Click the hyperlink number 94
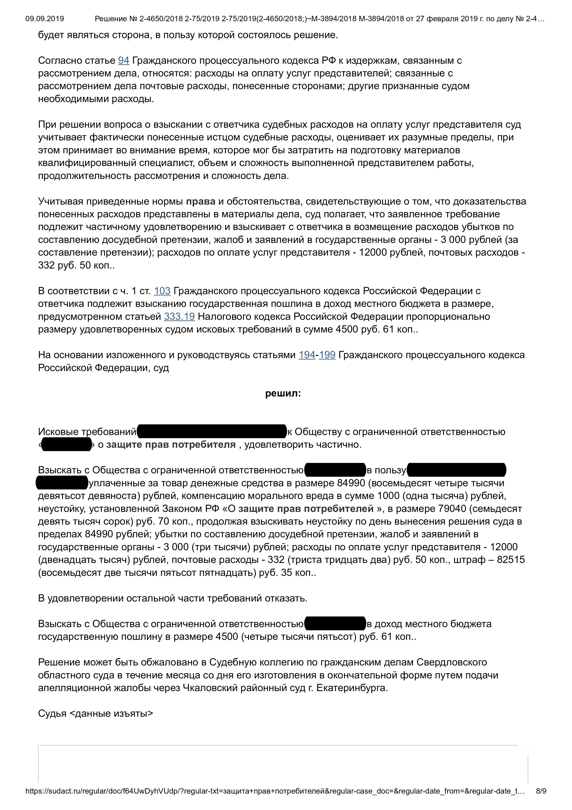coord(123,61)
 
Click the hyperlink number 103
coord(162,291)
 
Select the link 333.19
coord(179,317)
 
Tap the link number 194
coord(307,355)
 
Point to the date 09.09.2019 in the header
coord(45,19)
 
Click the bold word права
coord(201,201)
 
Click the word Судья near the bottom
coord(52,713)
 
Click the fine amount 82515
coord(511,560)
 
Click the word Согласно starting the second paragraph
coord(59,61)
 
